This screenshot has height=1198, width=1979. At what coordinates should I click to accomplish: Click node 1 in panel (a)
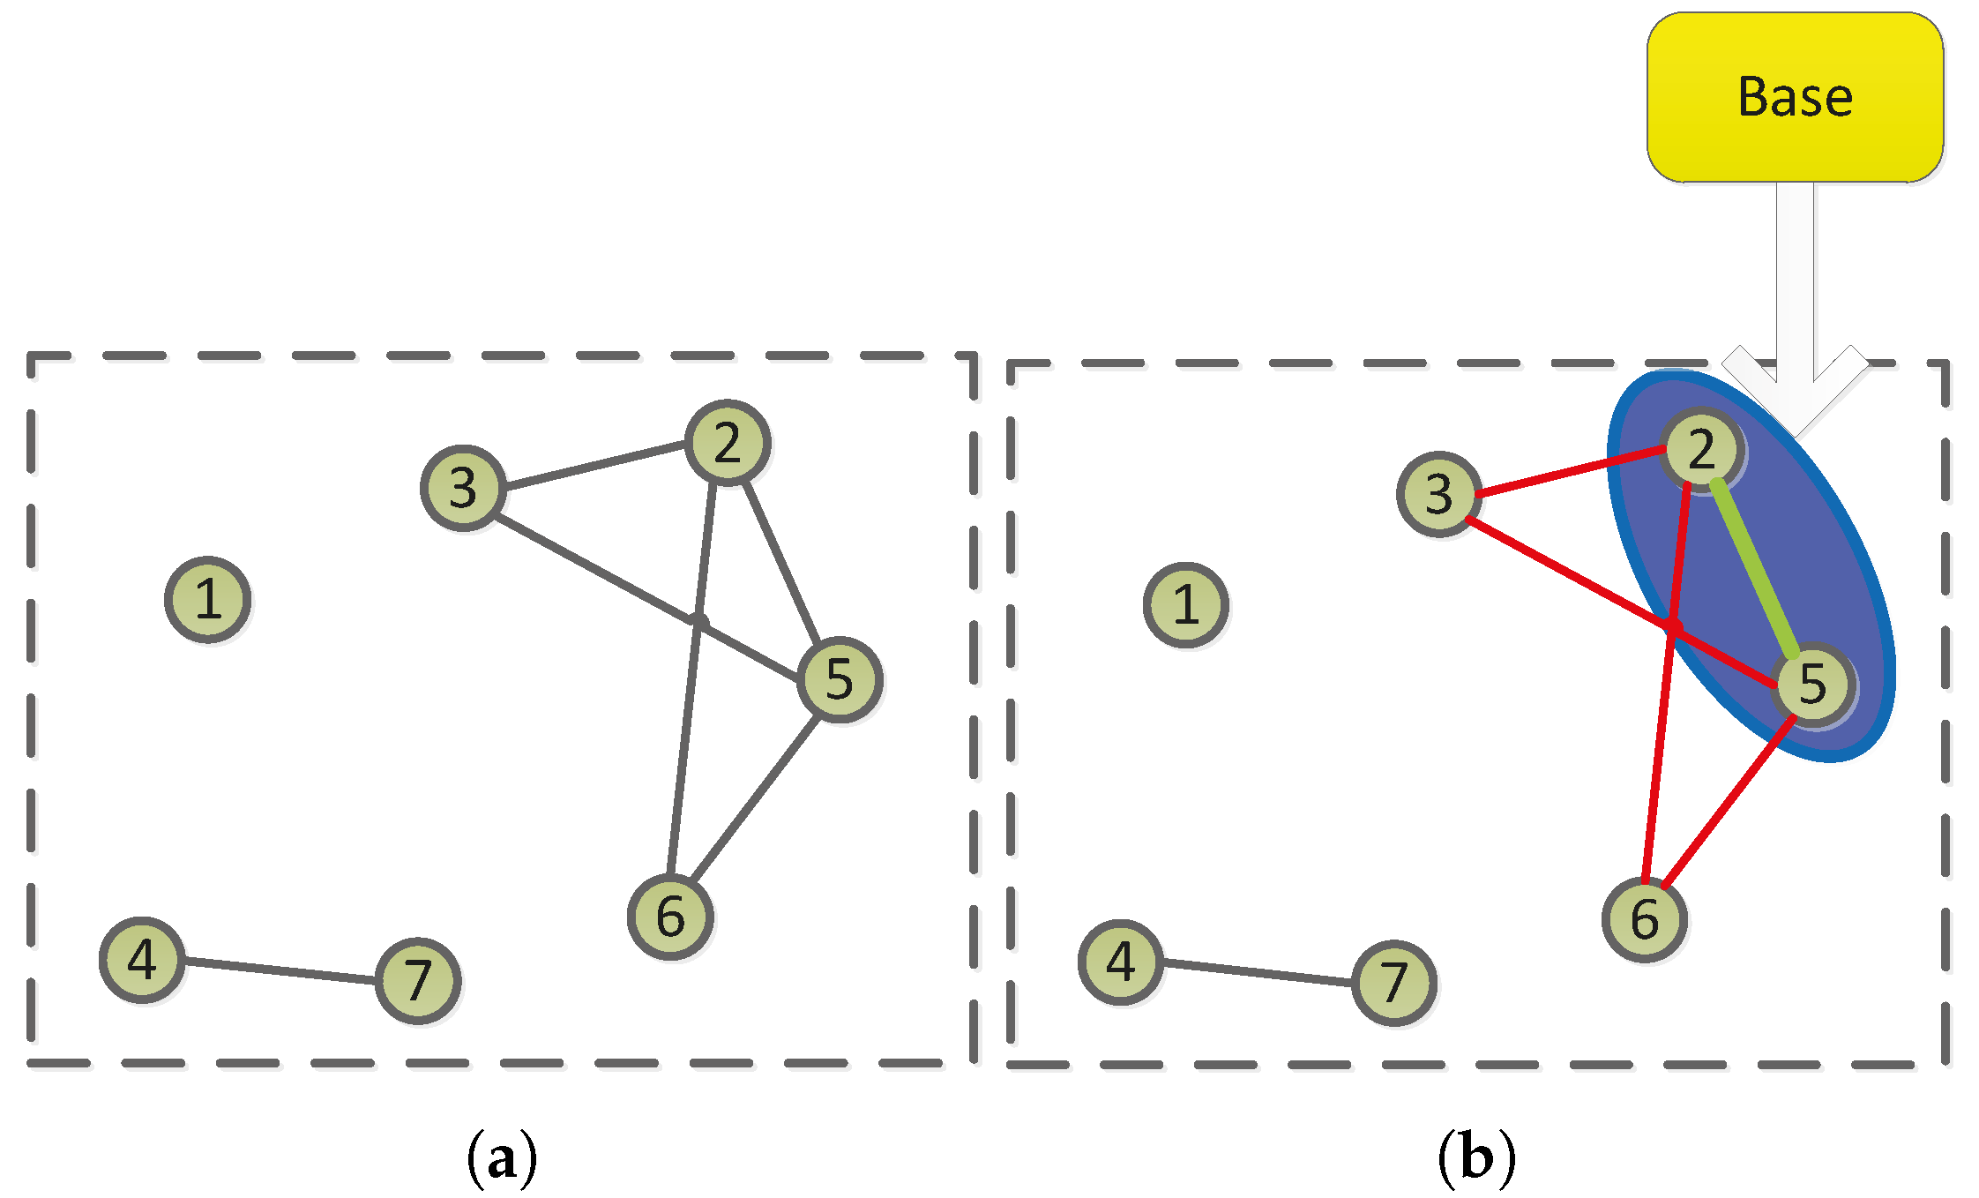[208, 600]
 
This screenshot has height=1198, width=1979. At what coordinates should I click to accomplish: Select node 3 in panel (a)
[463, 488]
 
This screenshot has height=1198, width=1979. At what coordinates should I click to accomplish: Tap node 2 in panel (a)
[728, 443]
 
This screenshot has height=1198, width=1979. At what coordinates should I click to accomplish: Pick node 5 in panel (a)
[840, 679]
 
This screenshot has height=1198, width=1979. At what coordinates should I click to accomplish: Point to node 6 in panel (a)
[671, 917]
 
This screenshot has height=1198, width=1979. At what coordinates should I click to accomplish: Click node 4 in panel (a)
[142, 960]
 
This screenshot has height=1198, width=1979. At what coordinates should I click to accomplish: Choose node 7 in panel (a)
[418, 981]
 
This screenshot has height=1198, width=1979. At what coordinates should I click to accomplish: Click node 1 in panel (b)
[1186, 605]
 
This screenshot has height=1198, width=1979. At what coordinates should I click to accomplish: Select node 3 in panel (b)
[1439, 494]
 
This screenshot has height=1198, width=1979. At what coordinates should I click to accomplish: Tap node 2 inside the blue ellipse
[1701, 449]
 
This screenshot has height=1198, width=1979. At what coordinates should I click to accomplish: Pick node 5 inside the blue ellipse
[1812, 684]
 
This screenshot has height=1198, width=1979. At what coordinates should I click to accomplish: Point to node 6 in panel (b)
[1645, 919]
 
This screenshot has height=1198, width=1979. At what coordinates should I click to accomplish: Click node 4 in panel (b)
[1121, 962]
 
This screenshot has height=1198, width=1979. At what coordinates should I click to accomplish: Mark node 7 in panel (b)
[1394, 983]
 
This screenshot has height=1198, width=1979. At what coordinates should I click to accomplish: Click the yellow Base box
[1795, 97]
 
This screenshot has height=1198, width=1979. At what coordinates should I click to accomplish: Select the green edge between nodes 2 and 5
[1755, 569]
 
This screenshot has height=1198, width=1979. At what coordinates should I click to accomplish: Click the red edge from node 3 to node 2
[1570, 472]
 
